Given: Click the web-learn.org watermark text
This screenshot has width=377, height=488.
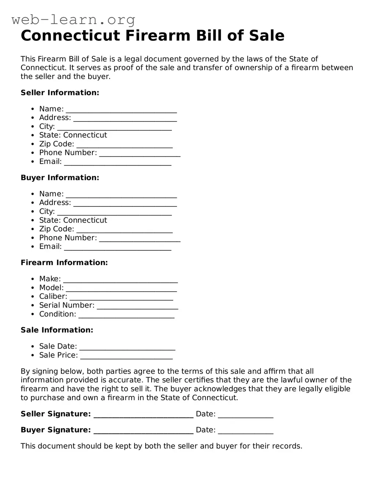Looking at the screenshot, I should [x=73, y=19].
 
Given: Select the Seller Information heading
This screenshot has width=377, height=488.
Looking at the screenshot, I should [x=60, y=93].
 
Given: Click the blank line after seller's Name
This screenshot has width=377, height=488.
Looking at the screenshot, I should [x=121, y=110].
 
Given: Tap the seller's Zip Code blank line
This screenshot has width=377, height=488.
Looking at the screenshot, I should [x=124, y=146].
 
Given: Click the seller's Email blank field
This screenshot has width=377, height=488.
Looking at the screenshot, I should [x=118, y=163].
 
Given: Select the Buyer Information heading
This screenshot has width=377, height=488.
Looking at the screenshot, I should [x=60, y=178].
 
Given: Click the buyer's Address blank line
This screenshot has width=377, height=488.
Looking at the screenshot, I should [x=125, y=204].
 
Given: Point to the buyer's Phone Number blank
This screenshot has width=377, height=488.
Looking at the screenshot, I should [x=140, y=239].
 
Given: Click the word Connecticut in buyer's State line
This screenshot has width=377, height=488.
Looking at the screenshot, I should [x=85, y=220].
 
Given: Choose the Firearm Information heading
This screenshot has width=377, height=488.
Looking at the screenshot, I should [x=64, y=263].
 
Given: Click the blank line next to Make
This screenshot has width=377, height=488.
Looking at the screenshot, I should [x=120, y=281].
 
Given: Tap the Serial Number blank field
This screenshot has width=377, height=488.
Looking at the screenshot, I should [x=138, y=307].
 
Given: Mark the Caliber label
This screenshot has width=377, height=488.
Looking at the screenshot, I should [x=53, y=296].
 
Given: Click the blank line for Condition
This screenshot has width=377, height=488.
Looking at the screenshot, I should [x=127, y=316].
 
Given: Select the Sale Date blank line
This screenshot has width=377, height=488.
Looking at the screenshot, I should [x=127, y=348].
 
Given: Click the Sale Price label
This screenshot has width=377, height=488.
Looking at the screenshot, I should [x=58, y=355].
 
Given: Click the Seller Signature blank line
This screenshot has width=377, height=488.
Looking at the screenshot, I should [x=143, y=416].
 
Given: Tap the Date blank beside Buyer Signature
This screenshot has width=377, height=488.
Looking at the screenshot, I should [x=245, y=432].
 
